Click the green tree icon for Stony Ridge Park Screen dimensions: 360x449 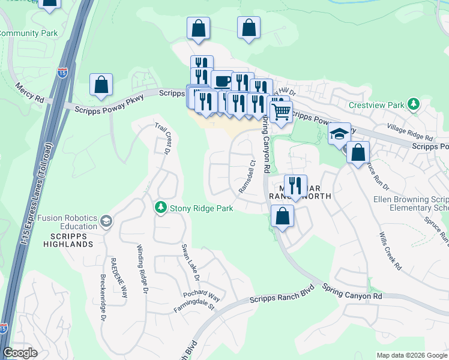click(x=160, y=208)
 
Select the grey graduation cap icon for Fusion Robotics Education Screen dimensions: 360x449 click(x=106, y=221)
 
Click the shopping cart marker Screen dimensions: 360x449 click(x=281, y=111)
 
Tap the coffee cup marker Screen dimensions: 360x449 click(x=222, y=81)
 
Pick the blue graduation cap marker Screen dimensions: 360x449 click(x=339, y=133)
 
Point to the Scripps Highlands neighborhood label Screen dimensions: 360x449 click(x=68, y=239)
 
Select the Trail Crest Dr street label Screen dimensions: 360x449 click(x=163, y=137)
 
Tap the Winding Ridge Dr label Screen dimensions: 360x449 click(x=142, y=269)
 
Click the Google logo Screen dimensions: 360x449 click(x=20, y=353)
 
